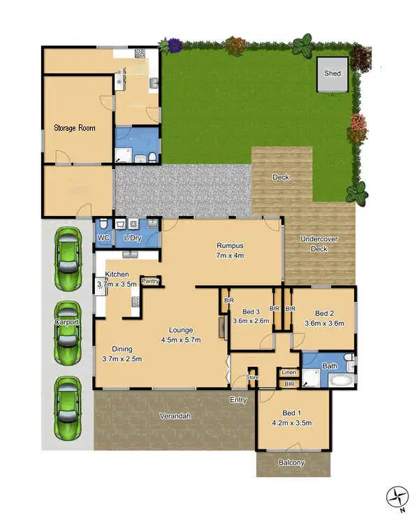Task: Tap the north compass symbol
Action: click(x=397, y=497)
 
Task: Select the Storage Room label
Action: click(x=75, y=129)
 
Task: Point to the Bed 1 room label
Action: click(x=291, y=418)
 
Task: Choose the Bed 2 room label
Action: click(x=324, y=318)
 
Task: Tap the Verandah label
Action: click(x=175, y=416)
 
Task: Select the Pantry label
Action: click(x=150, y=281)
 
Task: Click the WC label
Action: click(x=103, y=239)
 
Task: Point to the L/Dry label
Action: click(x=133, y=239)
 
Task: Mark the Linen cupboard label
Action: click(x=289, y=373)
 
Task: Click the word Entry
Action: click(x=238, y=400)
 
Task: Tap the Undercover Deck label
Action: click(x=318, y=244)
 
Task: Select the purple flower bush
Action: click(x=173, y=45)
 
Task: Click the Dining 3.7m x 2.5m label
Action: click(x=122, y=354)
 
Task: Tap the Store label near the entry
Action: click(x=252, y=378)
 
